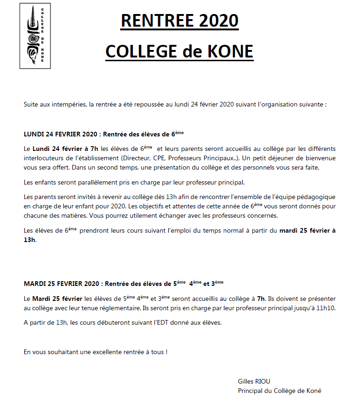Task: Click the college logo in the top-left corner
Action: pos(35,36)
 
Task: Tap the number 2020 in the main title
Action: pos(219,21)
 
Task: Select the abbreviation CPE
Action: pos(166,158)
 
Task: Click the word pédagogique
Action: pos(315,197)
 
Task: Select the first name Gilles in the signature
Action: pos(246,381)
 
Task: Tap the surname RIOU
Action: pos(263,381)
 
